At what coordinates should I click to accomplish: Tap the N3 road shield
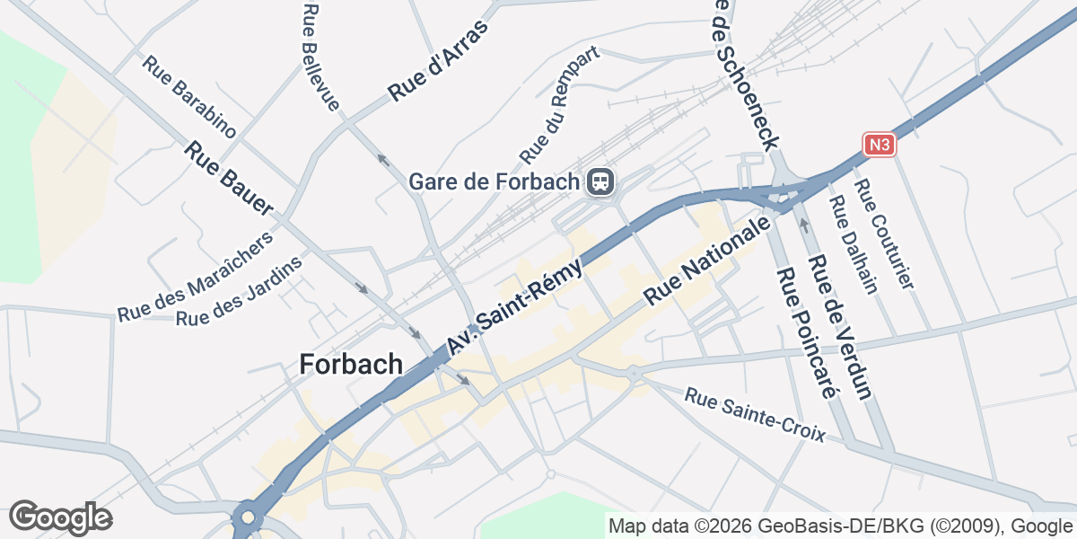[880, 144]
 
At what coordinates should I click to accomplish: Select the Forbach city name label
[351, 364]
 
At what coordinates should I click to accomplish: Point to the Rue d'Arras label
[437, 62]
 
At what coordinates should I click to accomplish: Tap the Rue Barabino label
[189, 98]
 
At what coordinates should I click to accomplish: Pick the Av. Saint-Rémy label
[515, 305]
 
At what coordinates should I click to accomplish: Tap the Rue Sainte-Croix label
[754, 414]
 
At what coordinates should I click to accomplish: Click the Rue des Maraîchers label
[195, 278]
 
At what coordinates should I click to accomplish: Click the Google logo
[60, 517]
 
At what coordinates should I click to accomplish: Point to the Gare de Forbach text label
[495, 181]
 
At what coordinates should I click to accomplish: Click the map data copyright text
[840, 526]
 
